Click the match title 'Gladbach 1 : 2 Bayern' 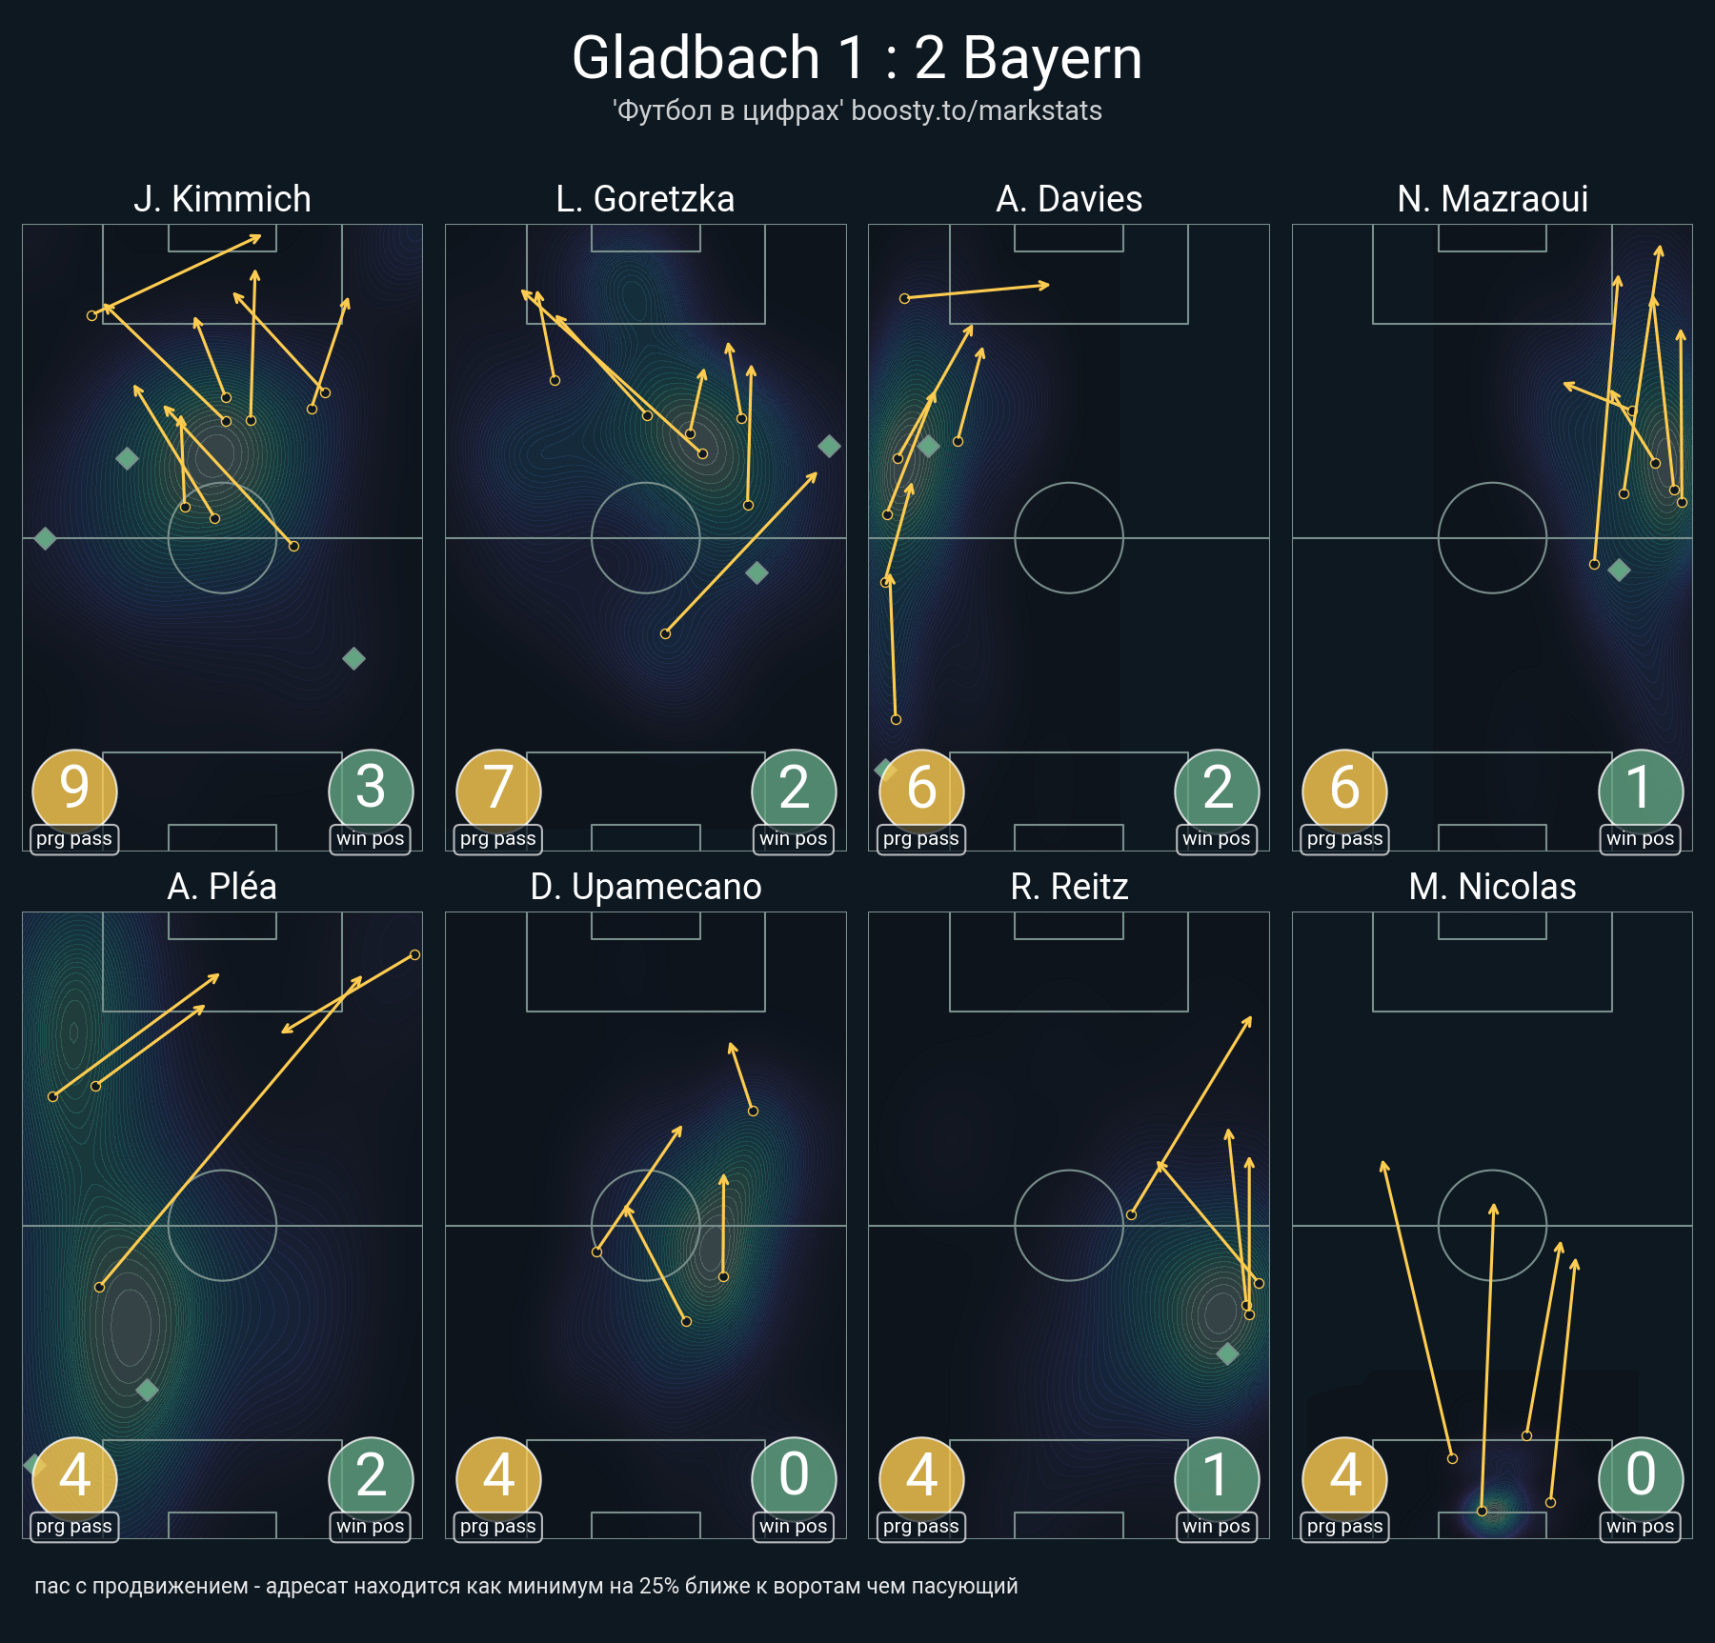[857, 57]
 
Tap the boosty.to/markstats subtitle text [977, 110]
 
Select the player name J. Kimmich [222, 199]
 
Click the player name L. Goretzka [645, 199]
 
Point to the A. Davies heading [1069, 199]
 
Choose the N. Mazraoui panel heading [1492, 199]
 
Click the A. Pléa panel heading [222, 887]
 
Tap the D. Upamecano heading [645, 887]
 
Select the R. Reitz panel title [1069, 887]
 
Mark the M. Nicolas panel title [1492, 887]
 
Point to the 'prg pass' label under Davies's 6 [921, 839]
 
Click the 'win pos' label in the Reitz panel [1217, 1527]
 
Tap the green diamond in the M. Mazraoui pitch [1619, 571]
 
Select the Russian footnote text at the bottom [526, 1587]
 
